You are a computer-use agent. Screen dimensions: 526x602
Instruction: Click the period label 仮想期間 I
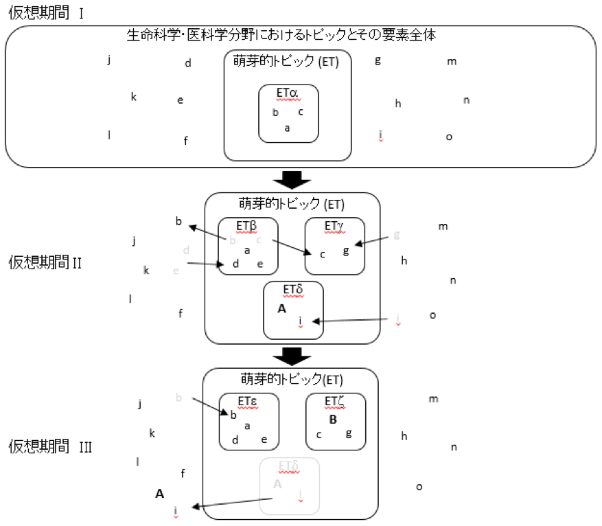45,13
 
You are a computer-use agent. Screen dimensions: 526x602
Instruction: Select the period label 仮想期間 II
45,262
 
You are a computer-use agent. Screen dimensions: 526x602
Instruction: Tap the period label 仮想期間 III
50,447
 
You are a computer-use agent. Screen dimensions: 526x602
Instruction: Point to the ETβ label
247,226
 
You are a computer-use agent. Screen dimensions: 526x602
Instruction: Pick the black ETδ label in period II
292,290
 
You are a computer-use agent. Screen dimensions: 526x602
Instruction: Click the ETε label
247,402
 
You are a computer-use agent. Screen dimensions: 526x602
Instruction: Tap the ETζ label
335,402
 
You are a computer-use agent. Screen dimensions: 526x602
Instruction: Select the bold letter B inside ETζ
333,420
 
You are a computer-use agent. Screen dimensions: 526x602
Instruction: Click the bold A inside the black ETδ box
281,309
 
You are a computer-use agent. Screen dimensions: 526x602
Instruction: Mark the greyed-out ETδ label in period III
288,467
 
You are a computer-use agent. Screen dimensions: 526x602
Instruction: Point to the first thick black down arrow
292,179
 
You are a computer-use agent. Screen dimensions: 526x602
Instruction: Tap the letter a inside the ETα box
287,128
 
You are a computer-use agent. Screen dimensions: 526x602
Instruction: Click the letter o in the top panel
449,137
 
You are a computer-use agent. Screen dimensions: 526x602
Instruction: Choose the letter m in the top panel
452,62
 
